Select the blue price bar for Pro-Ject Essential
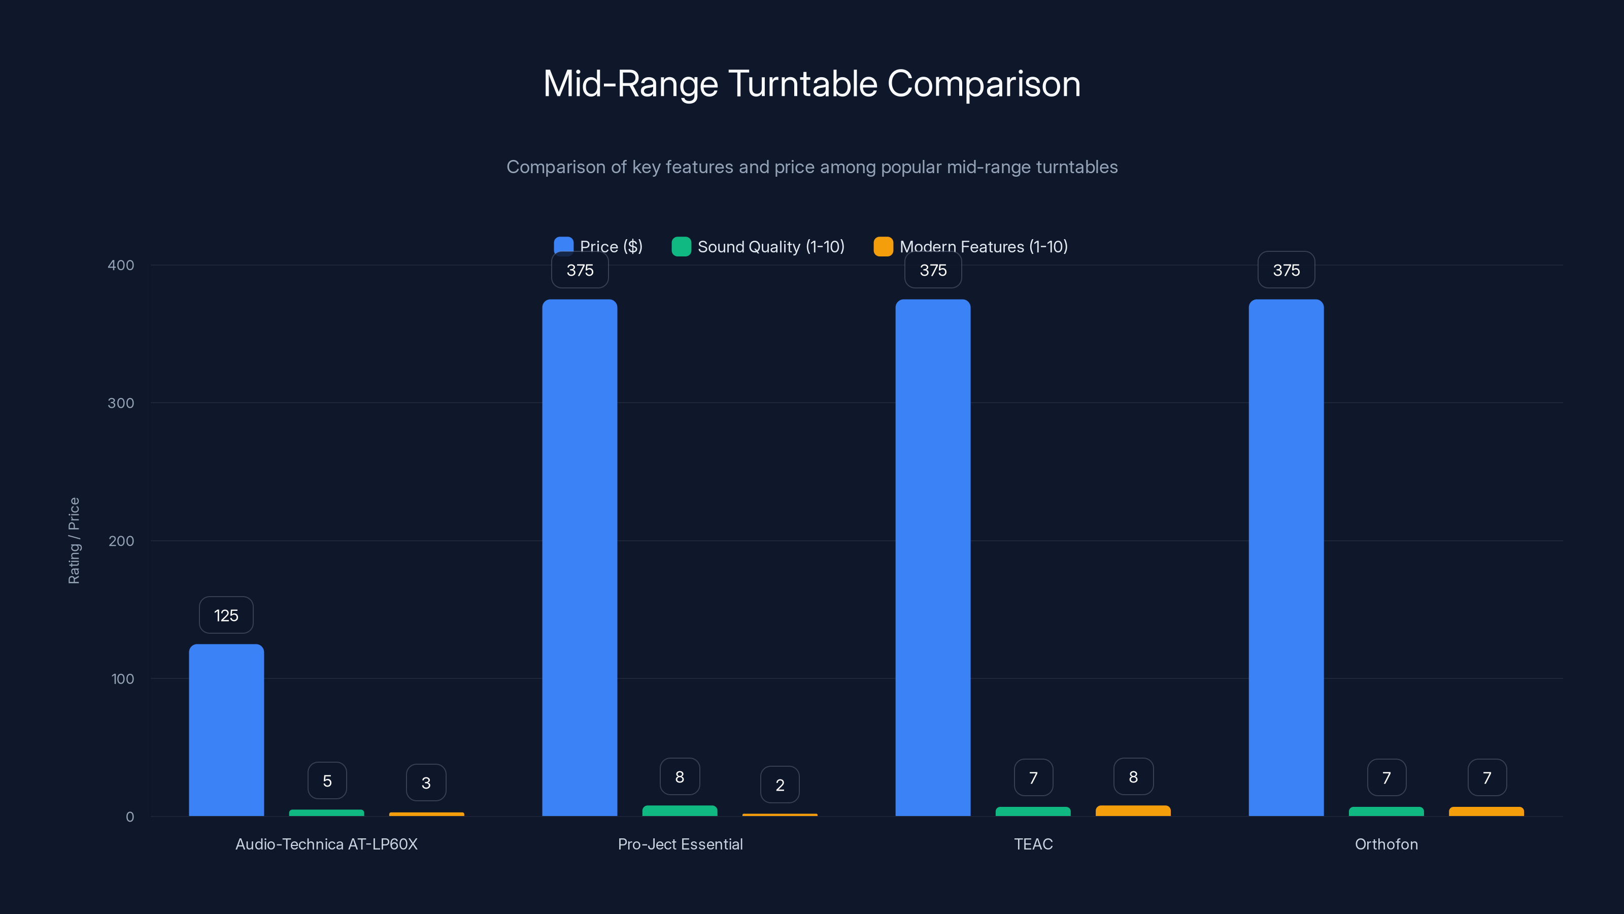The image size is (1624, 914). (580, 558)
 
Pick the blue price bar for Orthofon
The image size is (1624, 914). (1286, 558)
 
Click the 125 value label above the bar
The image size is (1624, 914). (226, 615)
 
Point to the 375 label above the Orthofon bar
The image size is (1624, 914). (1286, 270)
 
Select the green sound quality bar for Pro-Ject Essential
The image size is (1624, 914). (680, 810)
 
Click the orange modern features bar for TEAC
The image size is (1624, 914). (1133, 810)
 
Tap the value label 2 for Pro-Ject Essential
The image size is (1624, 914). (780, 785)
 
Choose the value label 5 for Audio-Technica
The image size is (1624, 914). (326, 781)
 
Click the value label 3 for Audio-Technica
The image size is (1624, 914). (426, 783)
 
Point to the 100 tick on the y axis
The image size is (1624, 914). (122, 679)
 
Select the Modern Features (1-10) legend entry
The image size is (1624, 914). (971, 247)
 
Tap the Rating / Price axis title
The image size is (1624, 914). (74, 541)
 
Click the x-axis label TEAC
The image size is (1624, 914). (1033, 844)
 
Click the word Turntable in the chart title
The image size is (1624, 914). (802, 84)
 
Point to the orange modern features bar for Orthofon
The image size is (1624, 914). (1486, 811)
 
